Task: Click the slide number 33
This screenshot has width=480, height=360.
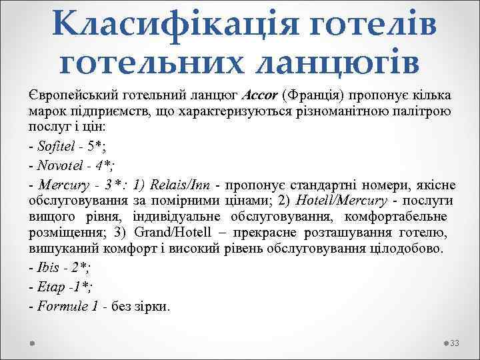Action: click(456, 343)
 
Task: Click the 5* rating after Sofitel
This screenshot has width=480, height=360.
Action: click(97, 147)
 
